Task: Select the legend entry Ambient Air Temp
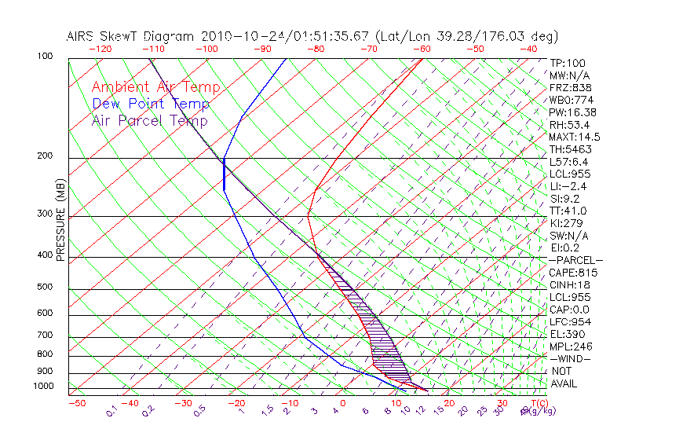(155, 87)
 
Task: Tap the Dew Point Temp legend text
(151, 104)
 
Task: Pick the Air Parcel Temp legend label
(149, 120)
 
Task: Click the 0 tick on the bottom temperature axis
(342, 403)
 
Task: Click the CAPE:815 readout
(573, 273)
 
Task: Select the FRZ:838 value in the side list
(571, 87)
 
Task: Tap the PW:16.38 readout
(573, 112)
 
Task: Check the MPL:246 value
(571, 346)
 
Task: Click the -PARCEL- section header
(575, 260)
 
